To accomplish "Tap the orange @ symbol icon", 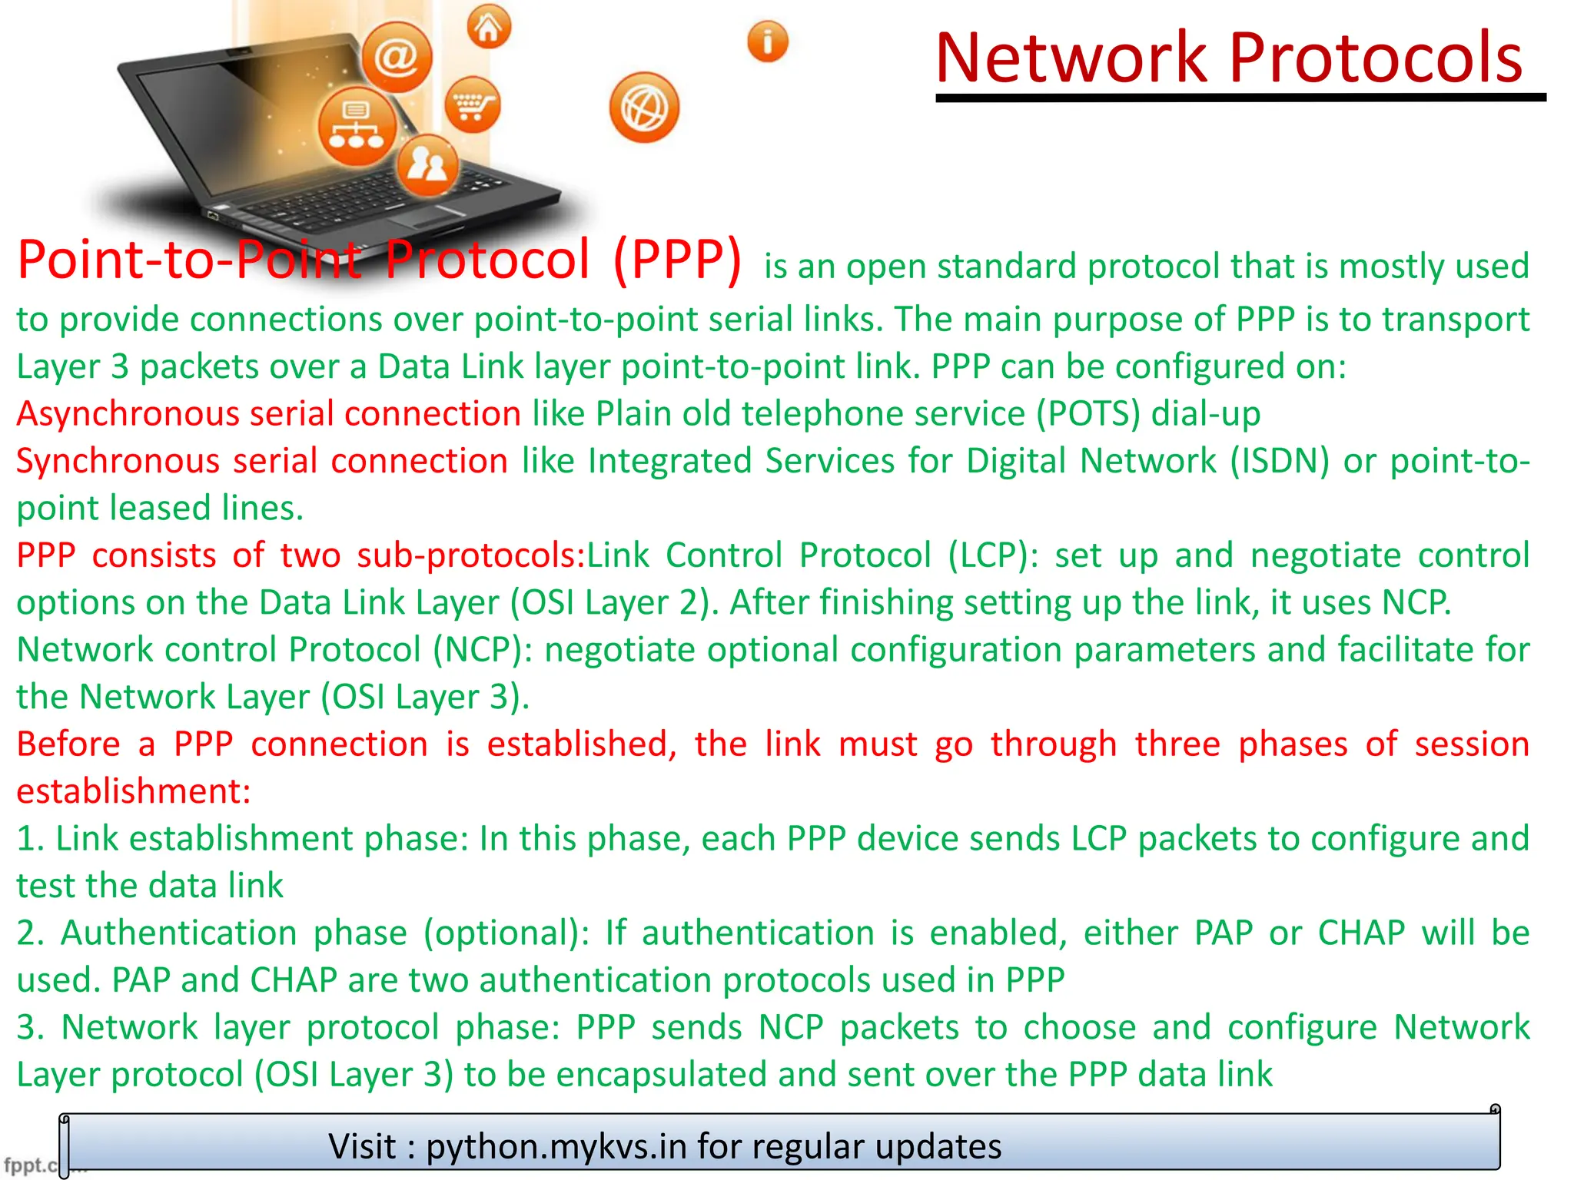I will coord(397,57).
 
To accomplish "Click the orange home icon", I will coord(489,28).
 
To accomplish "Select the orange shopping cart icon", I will coord(472,104).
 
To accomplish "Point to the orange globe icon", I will coord(644,108).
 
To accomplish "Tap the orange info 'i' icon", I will coord(767,41).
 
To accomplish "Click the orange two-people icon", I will coord(427,164).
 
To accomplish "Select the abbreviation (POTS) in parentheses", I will coord(1088,414).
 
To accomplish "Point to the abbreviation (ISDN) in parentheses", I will coord(1279,461).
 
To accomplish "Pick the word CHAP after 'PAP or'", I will coord(1361,933).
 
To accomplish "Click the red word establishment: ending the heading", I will coord(134,791).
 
